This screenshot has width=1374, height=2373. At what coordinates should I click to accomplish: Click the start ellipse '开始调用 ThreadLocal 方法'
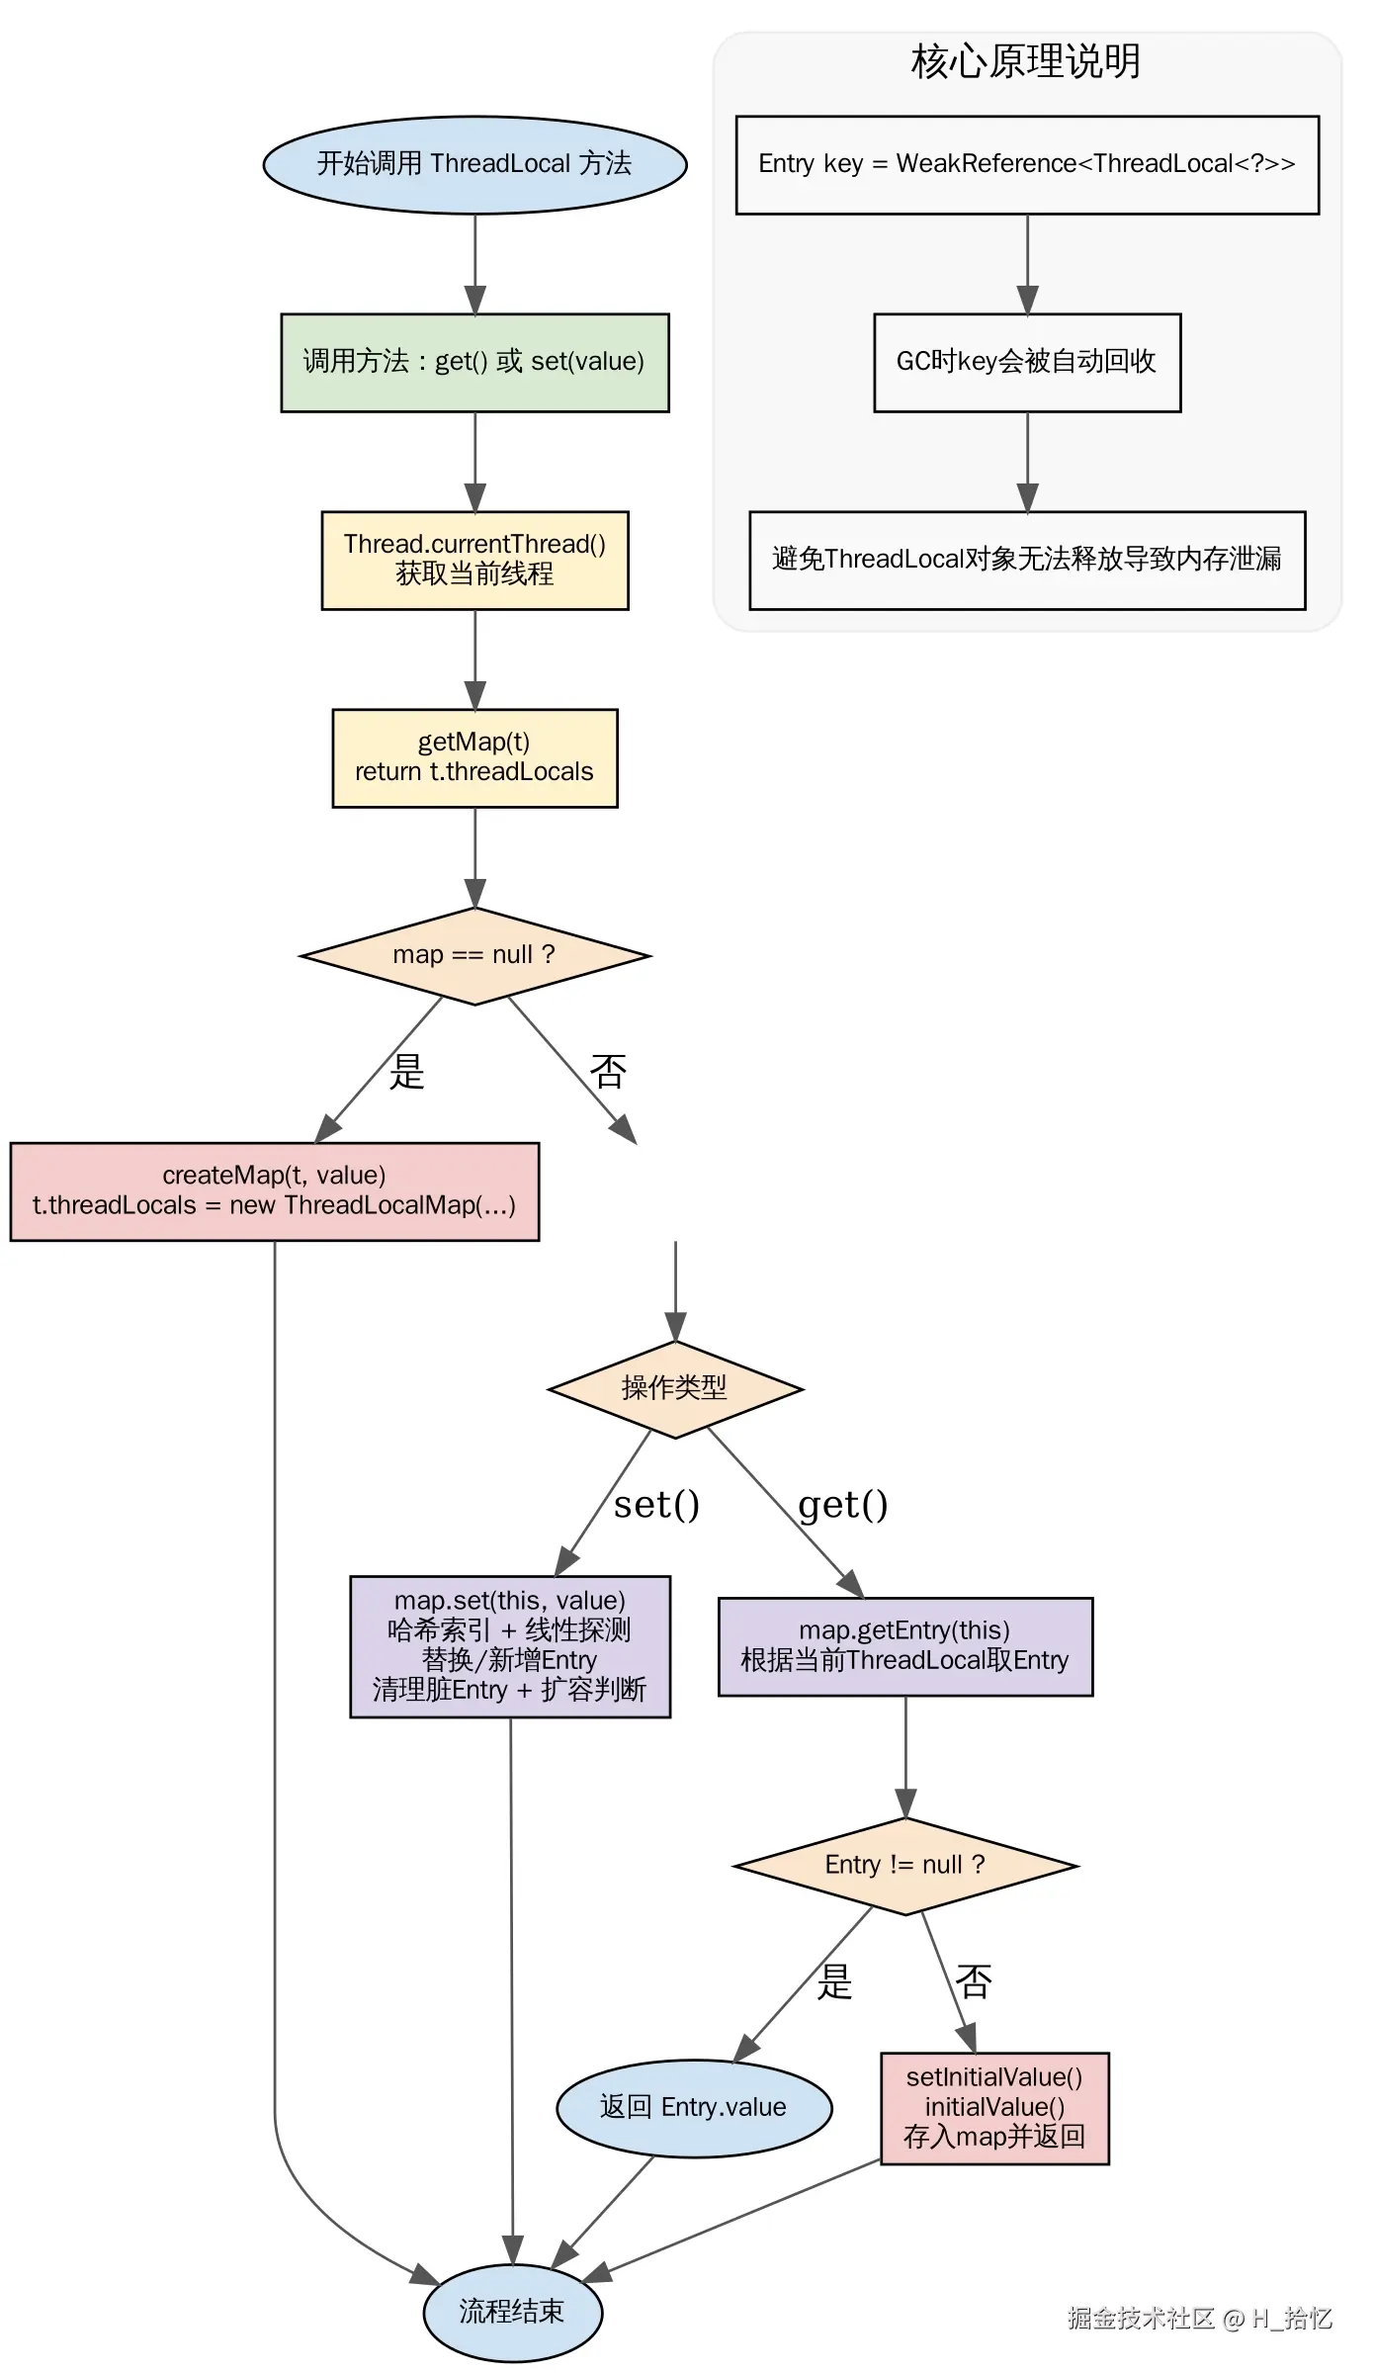[474, 164]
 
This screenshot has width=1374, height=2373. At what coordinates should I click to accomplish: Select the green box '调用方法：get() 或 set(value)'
[474, 362]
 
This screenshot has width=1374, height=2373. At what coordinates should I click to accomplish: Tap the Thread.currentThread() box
[474, 560]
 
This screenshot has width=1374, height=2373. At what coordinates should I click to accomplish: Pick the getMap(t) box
[474, 757]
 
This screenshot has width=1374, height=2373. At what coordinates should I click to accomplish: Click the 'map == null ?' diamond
[474, 955]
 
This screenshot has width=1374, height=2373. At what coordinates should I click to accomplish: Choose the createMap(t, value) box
[274, 1190]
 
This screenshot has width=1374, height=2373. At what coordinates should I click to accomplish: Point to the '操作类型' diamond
[675, 1388]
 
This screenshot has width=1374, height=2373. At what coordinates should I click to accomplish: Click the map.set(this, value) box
[510, 1645]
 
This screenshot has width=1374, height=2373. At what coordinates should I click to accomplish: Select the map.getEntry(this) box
[905, 1645]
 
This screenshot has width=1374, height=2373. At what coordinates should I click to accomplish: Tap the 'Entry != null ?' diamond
[905, 1865]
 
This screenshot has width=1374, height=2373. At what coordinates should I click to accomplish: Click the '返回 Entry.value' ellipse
[694, 2107]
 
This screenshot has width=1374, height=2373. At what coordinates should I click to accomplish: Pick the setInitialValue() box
[994, 2107]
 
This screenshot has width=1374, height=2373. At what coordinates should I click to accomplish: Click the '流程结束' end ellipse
[512, 2312]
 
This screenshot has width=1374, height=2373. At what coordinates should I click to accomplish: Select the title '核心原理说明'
[1026, 61]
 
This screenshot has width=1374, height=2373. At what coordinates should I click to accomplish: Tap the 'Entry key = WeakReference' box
[1027, 164]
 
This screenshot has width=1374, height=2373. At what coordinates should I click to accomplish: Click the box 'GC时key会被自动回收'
[1027, 362]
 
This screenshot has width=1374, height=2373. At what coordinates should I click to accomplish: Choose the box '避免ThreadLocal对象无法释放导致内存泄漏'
[1027, 560]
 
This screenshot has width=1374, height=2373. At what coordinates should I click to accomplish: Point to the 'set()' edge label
[656, 1505]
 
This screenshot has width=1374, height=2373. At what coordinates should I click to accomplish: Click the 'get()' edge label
[843, 1505]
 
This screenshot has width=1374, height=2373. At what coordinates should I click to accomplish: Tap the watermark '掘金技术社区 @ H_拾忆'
[1200, 2319]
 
